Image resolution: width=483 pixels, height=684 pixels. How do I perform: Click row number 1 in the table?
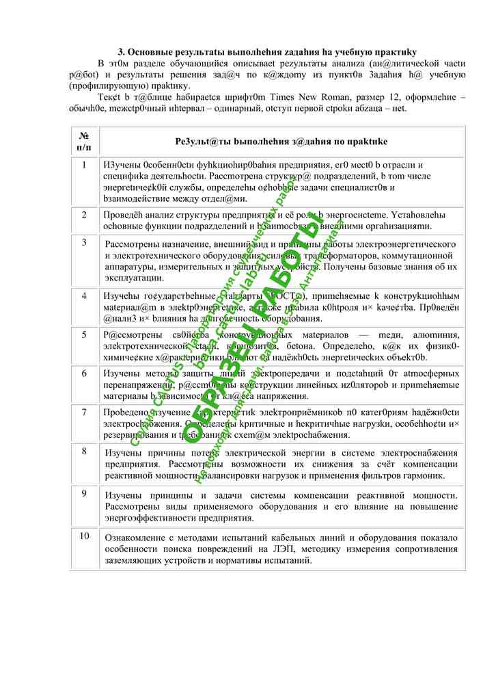click(x=84, y=165)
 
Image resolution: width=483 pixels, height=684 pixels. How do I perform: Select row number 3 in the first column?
click(x=84, y=242)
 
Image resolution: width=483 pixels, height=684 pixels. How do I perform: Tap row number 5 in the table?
click(x=84, y=334)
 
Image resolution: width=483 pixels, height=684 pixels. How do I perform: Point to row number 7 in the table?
click(x=84, y=412)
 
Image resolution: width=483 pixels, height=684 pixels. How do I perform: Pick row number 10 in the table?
click(x=84, y=536)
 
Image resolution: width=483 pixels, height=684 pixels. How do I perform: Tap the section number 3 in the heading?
click(x=121, y=52)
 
